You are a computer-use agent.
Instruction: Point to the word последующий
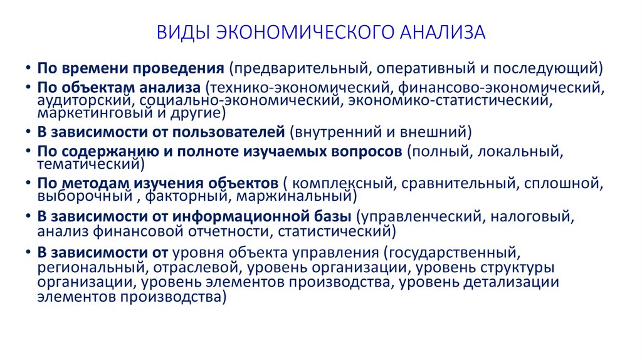point(555,67)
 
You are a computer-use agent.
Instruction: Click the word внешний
point(438,132)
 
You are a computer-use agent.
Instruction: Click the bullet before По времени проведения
point(29,68)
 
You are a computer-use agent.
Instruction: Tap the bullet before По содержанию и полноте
point(29,152)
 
